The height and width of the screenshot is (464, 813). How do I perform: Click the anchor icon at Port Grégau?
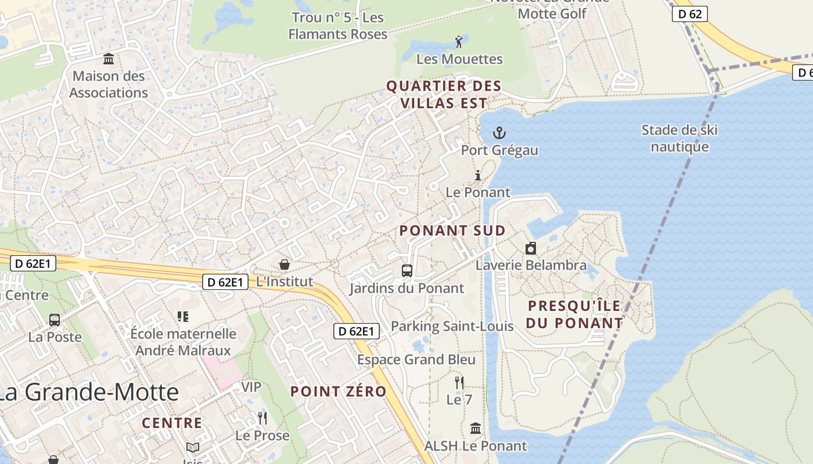(x=499, y=133)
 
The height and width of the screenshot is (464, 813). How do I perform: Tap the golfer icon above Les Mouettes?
(x=459, y=42)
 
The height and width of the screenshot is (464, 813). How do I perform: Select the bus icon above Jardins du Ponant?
(x=407, y=270)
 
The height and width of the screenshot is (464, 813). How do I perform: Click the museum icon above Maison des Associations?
(x=109, y=59)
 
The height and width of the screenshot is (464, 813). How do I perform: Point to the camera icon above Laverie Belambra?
(x=530, y=249)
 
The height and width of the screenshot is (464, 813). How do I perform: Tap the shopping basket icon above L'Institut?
(x=285, y=264)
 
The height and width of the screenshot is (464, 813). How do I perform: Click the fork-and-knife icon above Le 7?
(x=459, y=382)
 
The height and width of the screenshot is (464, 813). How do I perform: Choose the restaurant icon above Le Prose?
(x=262, y=418)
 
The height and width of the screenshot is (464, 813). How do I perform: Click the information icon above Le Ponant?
(x=478, y=175)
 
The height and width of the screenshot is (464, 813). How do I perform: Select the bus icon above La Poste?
(x=55, y=320)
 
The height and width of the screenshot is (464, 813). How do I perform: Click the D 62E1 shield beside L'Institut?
(x=225, y=282)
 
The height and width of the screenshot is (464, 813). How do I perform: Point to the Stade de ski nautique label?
(x=679, y=138)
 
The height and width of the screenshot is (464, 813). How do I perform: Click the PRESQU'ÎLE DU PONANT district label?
(x=574, y=314)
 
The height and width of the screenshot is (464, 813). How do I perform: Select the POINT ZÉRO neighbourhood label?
(x=339, y=391)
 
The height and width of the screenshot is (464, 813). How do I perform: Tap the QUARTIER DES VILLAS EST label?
(x=444, y=95)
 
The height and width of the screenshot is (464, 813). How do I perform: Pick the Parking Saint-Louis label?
(x=452, y=326)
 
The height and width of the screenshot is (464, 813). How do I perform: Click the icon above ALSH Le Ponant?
(x=476, y=429)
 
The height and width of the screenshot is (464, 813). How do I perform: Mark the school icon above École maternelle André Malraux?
(x=183, y=316)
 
